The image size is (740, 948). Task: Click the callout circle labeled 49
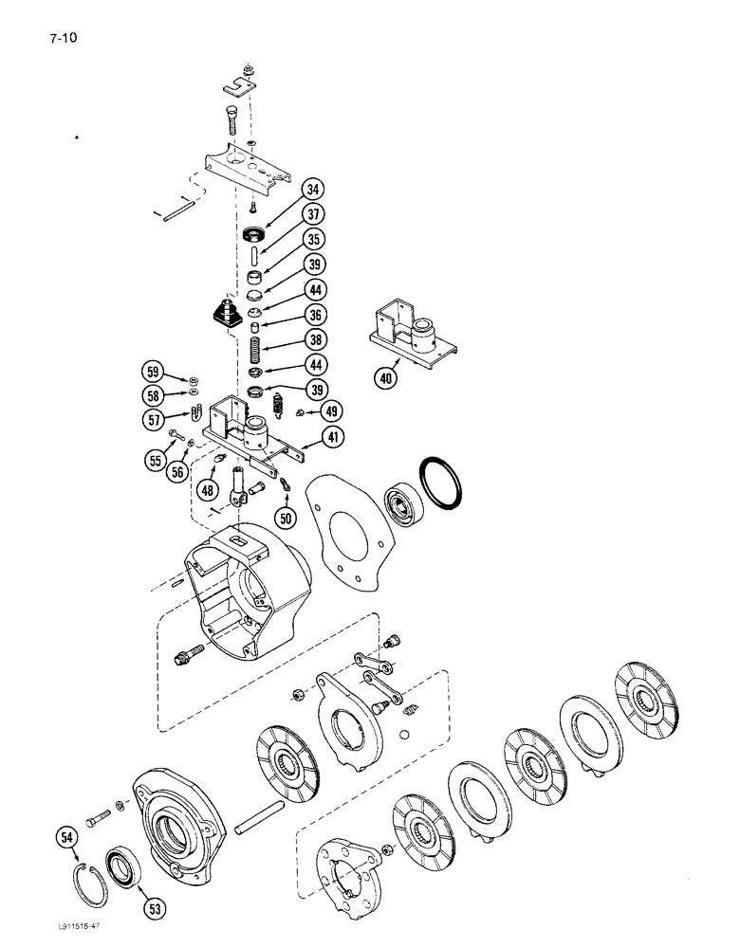coord(331,410)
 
